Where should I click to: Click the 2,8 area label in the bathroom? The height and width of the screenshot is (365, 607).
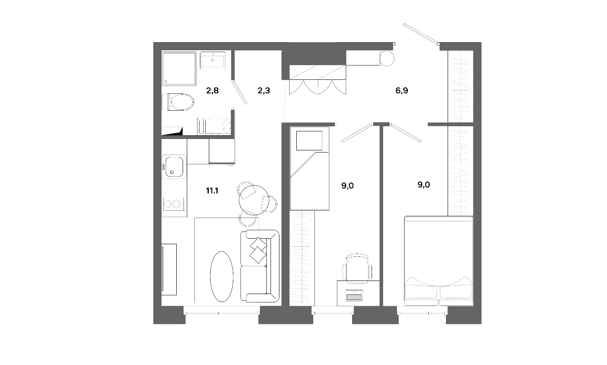pos(212,90)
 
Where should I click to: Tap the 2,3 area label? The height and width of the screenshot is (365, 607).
pos(264,90)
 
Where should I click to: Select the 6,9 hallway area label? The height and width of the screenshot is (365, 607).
pos(402,90)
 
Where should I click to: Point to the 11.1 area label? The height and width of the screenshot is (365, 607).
pos(212,191)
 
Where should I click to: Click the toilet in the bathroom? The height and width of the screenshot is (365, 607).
pos(178,102)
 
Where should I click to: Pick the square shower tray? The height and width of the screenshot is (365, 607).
pos(179,69)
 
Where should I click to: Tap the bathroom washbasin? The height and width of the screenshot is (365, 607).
pos(213,60)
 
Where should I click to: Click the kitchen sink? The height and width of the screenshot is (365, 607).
pos(174,167)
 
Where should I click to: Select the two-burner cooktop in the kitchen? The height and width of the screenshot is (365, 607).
pos(174,204)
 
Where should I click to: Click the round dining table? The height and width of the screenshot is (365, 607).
pos(254,200)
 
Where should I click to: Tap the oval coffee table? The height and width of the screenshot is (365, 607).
pos(221,276)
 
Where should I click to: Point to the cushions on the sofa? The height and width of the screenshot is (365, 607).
pos(258,251)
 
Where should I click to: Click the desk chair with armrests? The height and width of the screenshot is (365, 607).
pos(357,268)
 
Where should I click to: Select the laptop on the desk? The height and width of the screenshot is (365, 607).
pos(354,295)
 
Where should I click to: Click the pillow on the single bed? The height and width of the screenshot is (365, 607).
pos(309,141)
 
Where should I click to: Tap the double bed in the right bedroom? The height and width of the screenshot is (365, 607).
pos(438,261)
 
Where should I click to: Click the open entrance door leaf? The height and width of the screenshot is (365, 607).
pos(421,34)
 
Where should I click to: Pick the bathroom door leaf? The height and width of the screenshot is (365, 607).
pos(240,93)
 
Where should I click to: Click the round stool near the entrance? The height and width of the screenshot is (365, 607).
pos(386,58)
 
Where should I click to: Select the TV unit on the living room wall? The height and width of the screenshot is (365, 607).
pos(169,270)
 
